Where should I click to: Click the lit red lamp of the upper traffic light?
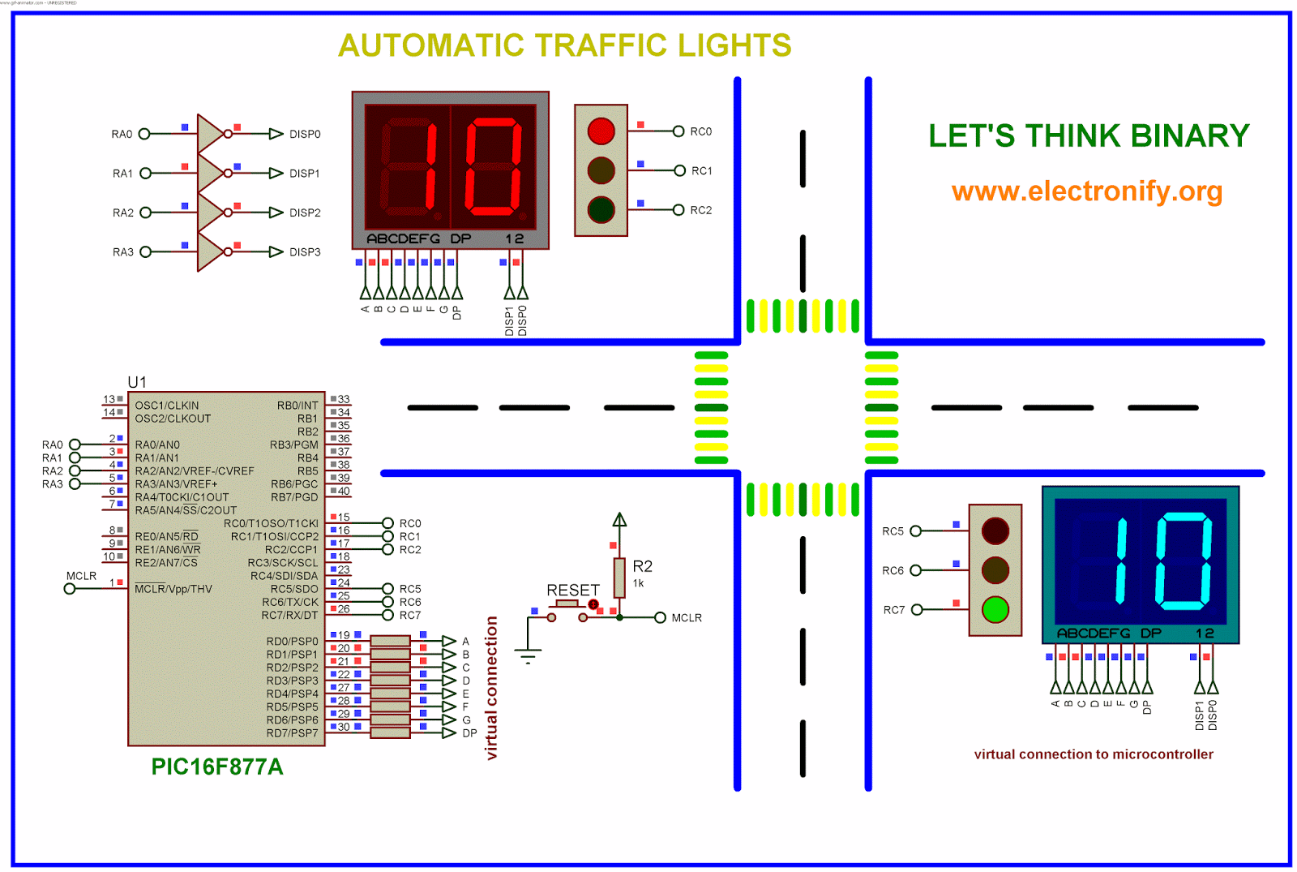pyautogui.click(x=601, y=131)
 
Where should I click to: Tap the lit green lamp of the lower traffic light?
pyautogui.click(x=995, y=609)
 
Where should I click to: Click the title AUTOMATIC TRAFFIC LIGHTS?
pyautogui.click(x=564, y=45)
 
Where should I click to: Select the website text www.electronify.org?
pyautogui.click(x=1086, y=191)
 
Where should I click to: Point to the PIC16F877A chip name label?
pyautogui.click(x=217, y=767)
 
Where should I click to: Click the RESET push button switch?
pyautogui.click(x=567, y=606)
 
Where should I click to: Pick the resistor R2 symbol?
pyautogui.click(x=619, y=577)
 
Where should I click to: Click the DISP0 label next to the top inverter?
pyautogui.click(x=305, y=134)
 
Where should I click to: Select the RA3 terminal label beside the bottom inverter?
pyautogui.click(x=123, y=252)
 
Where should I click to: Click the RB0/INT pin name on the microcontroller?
pyautogui.click(x=297, y=406)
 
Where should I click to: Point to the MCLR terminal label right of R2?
pyautogui.click(x=687, y=618)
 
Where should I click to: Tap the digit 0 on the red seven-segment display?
pyautogui.click(x=493, y=167)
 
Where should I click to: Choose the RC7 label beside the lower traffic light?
pyautogui.click(x=893, y=610)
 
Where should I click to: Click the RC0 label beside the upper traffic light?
pyautogui.click(x=700, y=131)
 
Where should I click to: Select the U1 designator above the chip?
pyautogui.click(x=137, y=382)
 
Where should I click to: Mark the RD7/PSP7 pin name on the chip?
pyautogui.click(x=292, y=733)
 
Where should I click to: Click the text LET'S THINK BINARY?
pyautogui.click(x=1089, y=135)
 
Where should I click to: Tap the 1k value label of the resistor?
pyautogui.click(x=638, y=583)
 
